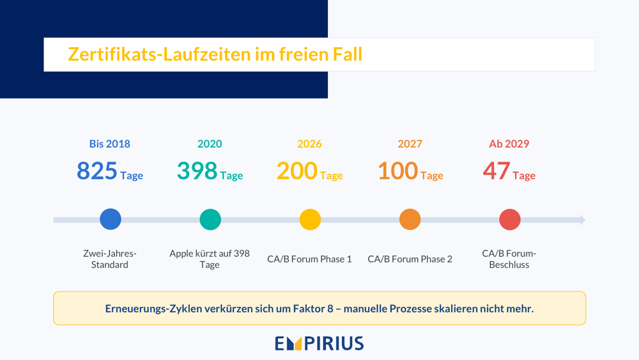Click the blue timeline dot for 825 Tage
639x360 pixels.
111,219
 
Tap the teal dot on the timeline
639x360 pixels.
210,219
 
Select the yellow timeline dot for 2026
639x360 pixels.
310,219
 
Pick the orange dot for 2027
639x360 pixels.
410,219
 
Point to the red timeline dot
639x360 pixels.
510,219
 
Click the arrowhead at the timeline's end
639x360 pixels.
583,220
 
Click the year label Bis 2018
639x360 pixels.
110,143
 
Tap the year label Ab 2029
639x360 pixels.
509,143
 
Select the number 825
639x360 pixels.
97,171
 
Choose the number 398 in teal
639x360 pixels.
197,171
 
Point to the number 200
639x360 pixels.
296,171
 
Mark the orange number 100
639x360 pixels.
397,171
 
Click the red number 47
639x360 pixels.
497,171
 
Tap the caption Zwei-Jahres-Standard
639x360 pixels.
110,259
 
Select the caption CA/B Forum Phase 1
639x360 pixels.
309,259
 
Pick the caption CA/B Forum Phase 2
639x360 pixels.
410,259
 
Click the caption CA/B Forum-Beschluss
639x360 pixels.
509,259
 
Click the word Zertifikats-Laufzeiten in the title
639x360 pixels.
159,54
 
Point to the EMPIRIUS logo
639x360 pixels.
319,343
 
